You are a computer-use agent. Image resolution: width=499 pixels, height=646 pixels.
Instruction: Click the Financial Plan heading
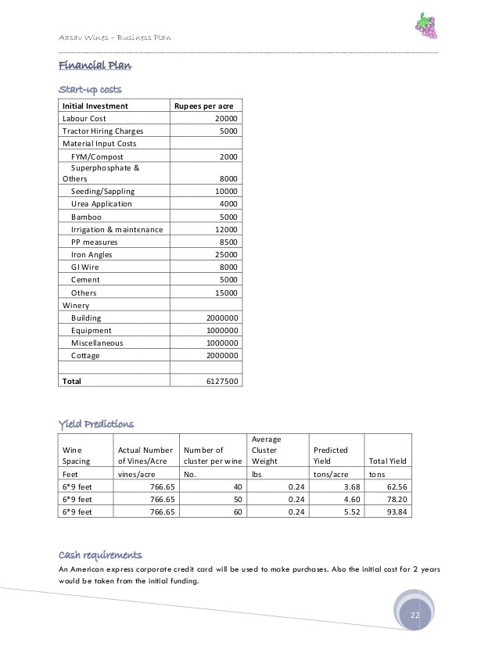click(92, 65)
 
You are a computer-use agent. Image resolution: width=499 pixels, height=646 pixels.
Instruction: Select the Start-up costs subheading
click(90, 90)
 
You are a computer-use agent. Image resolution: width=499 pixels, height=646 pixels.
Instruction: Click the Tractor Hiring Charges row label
click(102, 131)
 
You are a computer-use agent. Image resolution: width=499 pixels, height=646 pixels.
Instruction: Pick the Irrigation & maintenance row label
click(117, 229)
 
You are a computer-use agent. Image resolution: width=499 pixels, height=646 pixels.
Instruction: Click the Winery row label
click(76, 306)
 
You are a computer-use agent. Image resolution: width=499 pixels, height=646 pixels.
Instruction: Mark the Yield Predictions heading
click(96, 424)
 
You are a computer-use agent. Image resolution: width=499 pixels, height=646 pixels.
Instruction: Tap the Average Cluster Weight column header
click(266, 450)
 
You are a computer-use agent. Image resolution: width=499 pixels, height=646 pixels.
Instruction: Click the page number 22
click(415, 616)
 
